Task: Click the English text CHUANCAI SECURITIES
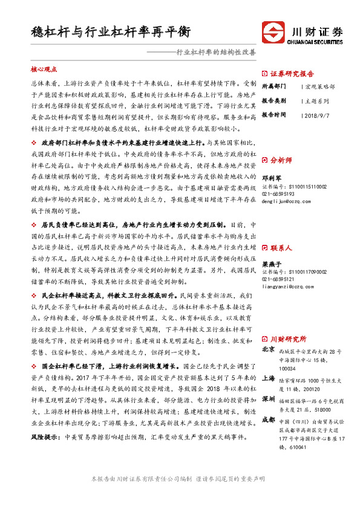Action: click(313, 42)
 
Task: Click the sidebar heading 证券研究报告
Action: click(292, 71)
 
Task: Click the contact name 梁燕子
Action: click(270, 265)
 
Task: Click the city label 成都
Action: click(269, 419)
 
